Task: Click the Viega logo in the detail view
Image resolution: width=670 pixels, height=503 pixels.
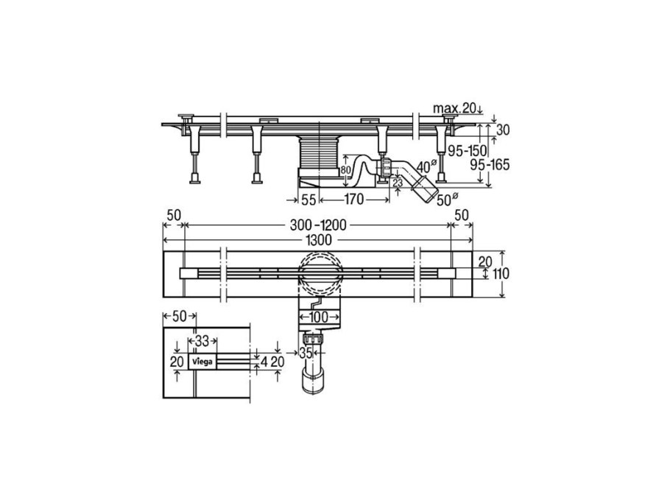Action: click(x=202, y=362)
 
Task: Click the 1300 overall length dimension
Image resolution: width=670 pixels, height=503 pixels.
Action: click(x=319, y=240)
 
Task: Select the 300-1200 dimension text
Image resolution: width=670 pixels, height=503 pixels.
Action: click(x=318, y=225)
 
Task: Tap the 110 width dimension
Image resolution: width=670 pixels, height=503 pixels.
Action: click(x=501, y=273)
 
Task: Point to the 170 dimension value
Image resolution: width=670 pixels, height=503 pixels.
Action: click(x=353, y=199)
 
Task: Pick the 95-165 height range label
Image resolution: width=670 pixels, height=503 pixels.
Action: click(x=490, y=164)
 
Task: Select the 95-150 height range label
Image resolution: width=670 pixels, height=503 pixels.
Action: click(x=467, y=150)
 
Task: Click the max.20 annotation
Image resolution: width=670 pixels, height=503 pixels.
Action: click(x=455, y=108)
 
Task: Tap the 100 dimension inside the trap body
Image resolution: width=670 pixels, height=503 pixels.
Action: click(x=320, y=317)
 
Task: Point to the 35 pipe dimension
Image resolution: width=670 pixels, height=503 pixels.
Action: click(x=306, y=353)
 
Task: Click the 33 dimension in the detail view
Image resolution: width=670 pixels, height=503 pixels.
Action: click(x=202, y=341)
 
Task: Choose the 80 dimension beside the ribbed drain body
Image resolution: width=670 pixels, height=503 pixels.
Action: click(x=345, y=170)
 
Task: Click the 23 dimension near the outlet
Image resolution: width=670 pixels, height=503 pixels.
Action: click(x=398, y=183)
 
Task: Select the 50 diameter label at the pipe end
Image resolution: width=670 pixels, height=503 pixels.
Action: click(x=447, y=200)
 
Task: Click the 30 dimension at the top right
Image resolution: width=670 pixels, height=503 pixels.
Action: click(x=503, y=130)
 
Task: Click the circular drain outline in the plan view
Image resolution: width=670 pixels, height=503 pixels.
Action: click(x=320, y=273)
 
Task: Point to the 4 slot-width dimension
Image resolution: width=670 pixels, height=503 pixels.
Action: click(x=264, y=362)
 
